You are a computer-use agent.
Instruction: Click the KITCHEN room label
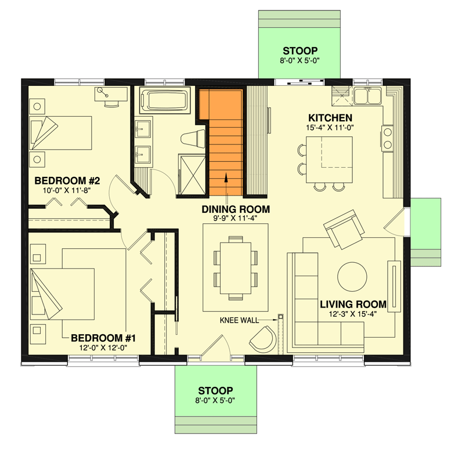click(329, 118)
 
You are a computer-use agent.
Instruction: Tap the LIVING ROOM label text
click(353, 304)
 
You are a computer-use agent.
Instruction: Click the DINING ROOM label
click(235, 209)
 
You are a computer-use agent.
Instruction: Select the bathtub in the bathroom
click(165, 100)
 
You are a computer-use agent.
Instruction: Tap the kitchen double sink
click(368, 95)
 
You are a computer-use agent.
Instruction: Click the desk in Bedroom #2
click(110, 96)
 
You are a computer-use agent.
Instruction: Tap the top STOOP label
click(300, 50)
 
